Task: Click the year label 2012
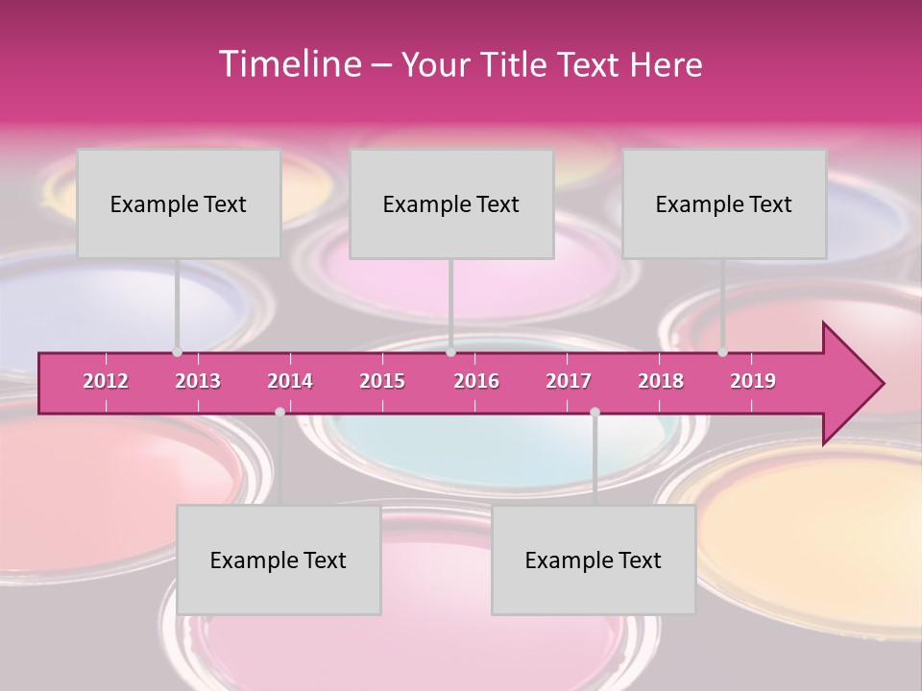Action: point(106,381)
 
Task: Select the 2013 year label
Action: point(198,381)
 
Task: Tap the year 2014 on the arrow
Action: point(290,381)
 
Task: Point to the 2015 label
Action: point(382,381)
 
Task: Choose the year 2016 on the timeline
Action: point(476,381)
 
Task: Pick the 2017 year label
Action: point(569,381)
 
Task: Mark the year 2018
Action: point(661,381)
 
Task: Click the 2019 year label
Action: point(753,381)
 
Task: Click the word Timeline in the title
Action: point(288,63)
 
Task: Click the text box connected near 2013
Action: point(179,203)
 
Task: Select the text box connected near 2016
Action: point(451,203)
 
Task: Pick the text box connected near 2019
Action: point(724,203)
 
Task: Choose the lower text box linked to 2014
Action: point(279,560)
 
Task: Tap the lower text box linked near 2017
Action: point(594,560)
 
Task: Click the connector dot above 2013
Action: point(177,352)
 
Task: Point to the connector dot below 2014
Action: point(279,412)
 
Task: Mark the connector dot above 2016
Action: point(450,352)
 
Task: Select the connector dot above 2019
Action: point(723,352)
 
